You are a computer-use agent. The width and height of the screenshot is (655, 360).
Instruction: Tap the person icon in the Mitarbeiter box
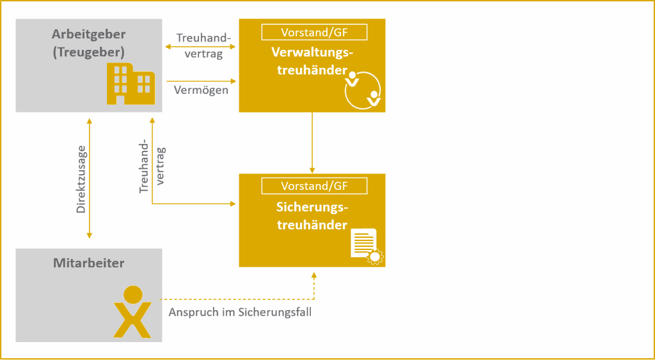pyautogui.click(x=132, y=311)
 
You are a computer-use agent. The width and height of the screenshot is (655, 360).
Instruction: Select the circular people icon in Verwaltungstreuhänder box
pyautogui.click(x=362, y=90)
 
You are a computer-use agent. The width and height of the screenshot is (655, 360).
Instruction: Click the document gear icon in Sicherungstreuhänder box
pyautogui.click(x=367, y=246)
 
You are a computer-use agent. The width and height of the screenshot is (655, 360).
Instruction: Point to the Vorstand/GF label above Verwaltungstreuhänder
pyautogui.click(x=314, y=32)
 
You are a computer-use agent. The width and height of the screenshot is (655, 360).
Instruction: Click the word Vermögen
pyautogui.click(x=201, y=90)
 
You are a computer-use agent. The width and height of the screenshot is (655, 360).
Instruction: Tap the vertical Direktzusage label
pyautogui.click(x=81, y=180)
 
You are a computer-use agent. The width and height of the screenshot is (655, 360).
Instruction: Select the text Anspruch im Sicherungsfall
pyautogui.click(x=241, y=313)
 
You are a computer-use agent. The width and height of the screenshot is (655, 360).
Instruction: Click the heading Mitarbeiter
pyautogui.click(x=89, y=263)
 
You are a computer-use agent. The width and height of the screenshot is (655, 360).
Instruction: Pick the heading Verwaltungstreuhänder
pyautogui.click(x=312, y=61)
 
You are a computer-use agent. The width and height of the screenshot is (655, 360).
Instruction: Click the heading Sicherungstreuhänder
pyautogui.click(x=312, y=216)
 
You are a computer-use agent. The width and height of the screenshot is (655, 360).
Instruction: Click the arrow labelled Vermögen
pyautogui.click(x=201, y=81)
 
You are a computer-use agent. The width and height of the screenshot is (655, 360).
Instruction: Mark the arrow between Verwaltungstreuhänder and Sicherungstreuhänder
pyautogui.click(x=312, y=143)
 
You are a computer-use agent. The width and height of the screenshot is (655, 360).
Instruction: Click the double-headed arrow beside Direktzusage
pyautogui.click(x=89, y=178)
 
